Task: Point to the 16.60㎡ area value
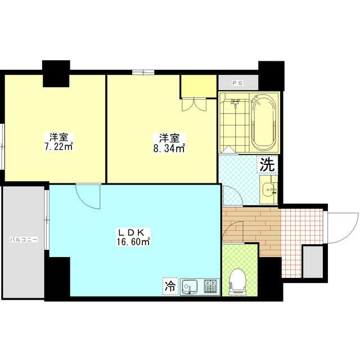click(133, 242)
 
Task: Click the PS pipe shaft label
click(237, 83)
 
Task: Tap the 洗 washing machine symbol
click(267, 165)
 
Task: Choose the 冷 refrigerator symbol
click(169, 285)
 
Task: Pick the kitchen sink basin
click(191, 286)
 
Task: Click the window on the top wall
click(143, 71)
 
